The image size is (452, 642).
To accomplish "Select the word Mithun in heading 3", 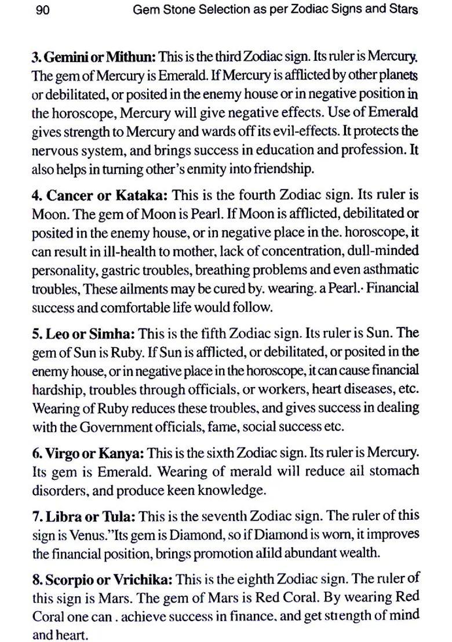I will click(134, 57).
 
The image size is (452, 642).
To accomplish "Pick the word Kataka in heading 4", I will click(138, 195).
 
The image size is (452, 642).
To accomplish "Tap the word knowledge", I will click(232, 490).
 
